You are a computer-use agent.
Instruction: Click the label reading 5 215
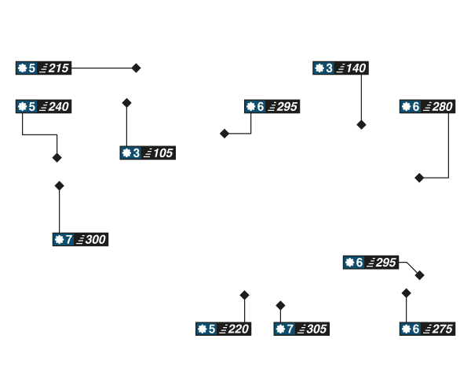[44, 68]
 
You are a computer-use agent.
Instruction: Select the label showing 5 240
[44, 106]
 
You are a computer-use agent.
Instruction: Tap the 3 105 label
[147, 153]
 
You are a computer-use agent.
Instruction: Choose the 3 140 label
[341, 68]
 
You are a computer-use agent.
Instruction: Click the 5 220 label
[224, 329]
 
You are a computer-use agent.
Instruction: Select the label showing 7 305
[301, 329]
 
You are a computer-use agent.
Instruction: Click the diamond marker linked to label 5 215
[136, 68]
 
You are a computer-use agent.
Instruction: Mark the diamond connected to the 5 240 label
[57, 158]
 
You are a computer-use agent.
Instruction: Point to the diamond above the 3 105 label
[126, 102]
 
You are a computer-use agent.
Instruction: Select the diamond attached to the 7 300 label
[59, 186]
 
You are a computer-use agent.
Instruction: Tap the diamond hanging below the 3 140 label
[361, 125]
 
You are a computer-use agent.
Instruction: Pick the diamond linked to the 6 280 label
[418, 178]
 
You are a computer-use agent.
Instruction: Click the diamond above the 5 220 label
[244, 295]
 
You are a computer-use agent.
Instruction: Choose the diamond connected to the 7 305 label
[280, 305]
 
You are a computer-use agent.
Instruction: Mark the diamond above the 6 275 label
[406, 293]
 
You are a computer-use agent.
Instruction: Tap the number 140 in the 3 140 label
[355, 68]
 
